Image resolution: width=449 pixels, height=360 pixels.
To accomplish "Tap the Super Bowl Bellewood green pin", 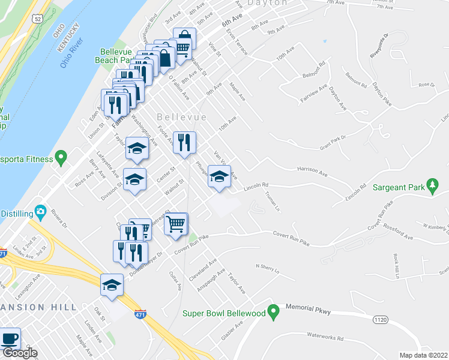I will (x=274, y=313).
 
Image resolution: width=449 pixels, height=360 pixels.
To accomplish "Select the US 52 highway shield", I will (x=38, y=19).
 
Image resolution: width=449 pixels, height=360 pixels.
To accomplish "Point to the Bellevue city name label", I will (x=181, y=116).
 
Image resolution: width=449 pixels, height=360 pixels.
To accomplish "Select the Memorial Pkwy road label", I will (x=307, y=308).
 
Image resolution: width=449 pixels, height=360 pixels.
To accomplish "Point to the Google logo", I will (x=19, y=353).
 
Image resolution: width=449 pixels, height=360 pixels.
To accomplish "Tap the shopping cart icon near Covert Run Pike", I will (x=175, y=224).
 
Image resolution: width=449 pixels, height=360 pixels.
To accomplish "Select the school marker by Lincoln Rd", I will (x=219, y=176).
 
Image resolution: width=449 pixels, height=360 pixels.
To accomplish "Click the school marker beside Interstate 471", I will (x=111, y=285).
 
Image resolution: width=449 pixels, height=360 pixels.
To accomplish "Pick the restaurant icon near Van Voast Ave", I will (x=184, y=142).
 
